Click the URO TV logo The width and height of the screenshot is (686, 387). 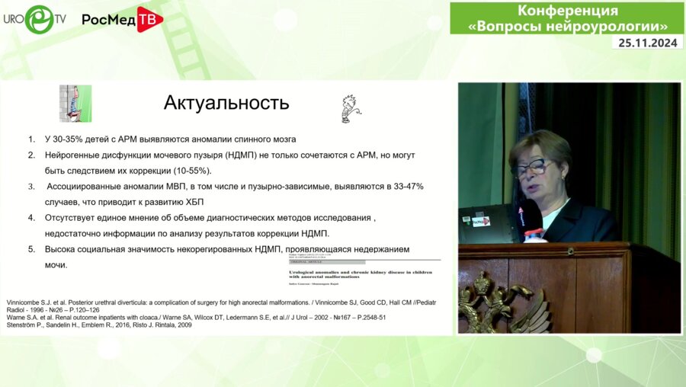click(x=34, y=18)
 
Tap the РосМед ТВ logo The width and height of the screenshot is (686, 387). click(x=122, y=19)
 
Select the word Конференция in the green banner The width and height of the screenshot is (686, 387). click(x=568, y=11)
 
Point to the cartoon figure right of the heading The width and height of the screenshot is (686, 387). click(x=349, y=108)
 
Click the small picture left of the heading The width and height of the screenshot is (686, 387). click(x=75, y=104)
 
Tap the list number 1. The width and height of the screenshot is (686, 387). click(x=31, y=139)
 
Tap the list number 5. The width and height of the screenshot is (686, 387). click(x=31, y=249)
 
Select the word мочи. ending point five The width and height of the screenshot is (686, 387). click(x=56, y=264)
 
